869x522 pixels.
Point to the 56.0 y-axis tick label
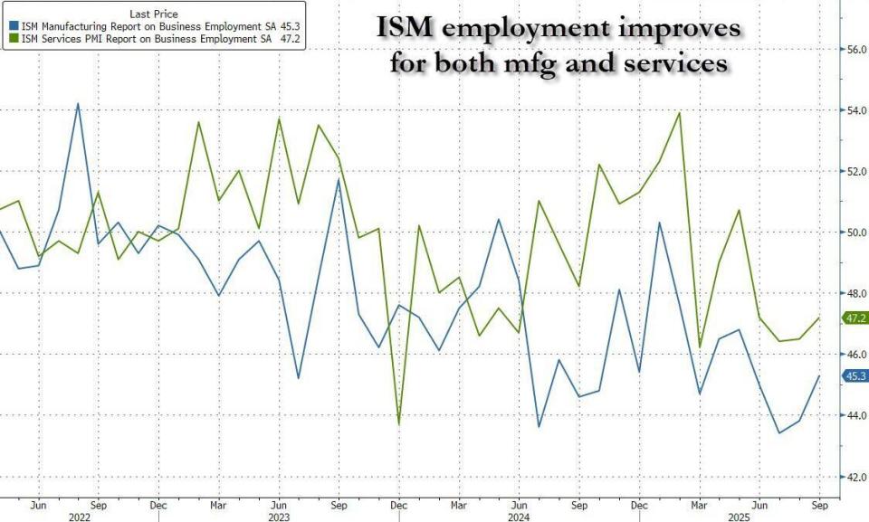(855, 50)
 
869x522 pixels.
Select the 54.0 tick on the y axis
(855, 110)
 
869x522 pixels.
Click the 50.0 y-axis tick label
(855, 233)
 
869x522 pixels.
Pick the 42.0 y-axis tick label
(855, 477)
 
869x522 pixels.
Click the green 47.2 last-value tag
(855, 318)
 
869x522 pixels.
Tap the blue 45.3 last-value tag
(855, 376)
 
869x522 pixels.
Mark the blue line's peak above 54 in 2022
(77, 103)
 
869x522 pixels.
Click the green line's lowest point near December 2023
(399, 423)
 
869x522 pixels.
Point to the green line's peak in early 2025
(679, 113)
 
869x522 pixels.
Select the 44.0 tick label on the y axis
(855, 415)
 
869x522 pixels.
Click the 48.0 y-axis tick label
(855, 293)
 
